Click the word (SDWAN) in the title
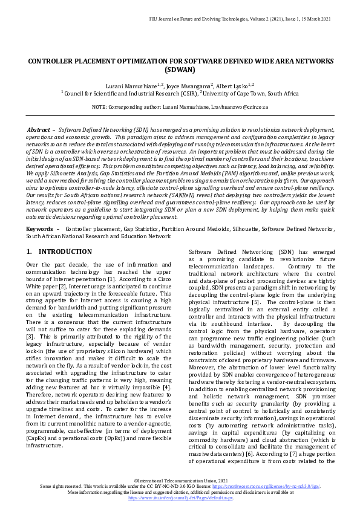point(180,70)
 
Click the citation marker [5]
point(256,301)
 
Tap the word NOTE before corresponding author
point(98,106)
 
